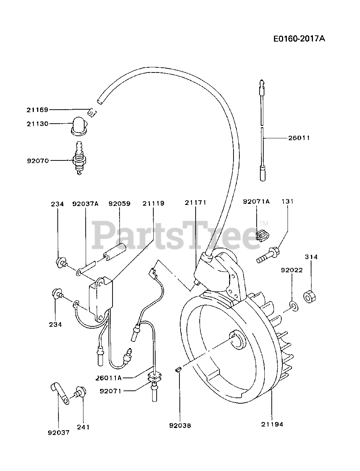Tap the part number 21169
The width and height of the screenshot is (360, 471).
click(x=37, y=110)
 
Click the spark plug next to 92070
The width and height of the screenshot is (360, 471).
click(x=80, y=159)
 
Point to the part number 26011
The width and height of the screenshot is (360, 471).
click(x=299, y=138)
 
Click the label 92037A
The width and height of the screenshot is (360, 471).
click(x=85, y=203)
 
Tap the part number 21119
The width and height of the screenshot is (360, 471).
click(x=154, y=203)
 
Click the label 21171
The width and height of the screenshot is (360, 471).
click(x=195, y=202)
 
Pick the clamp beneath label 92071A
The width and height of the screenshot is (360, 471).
click(x=262, y=235)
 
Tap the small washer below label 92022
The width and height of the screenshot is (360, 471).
click(x=293, y=305)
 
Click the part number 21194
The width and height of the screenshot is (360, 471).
click(x=272, y=424)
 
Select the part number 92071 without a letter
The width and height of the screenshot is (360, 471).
click(x=111, y=391)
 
